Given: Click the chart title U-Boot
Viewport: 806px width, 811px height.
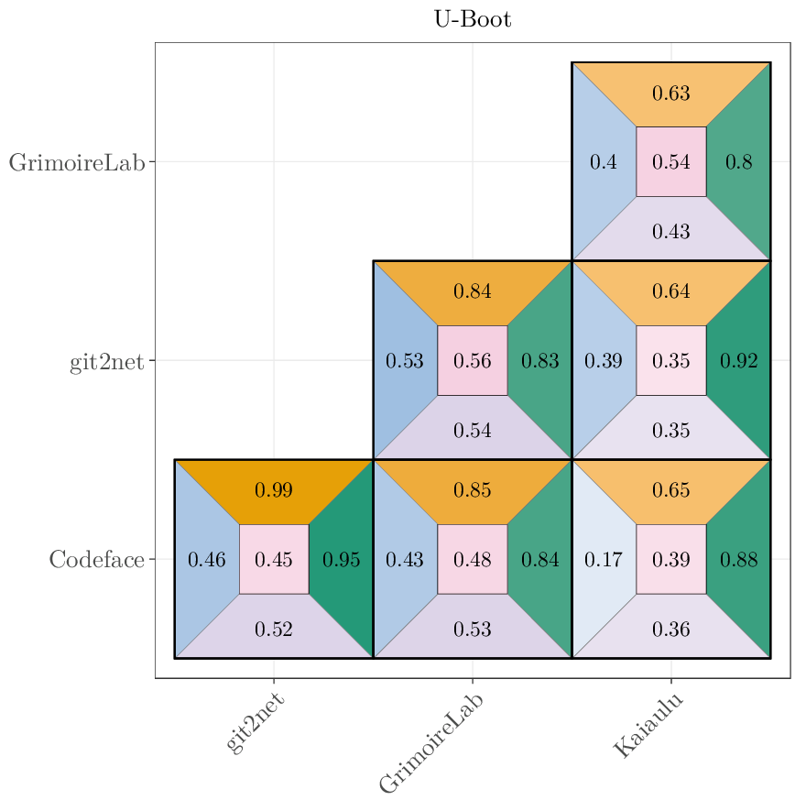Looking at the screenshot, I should click(x=473, y=19).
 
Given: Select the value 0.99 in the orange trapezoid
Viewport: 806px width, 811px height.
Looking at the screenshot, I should click(x=274, y=490).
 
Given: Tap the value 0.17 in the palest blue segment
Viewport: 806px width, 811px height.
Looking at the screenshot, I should click(x=604, y=559).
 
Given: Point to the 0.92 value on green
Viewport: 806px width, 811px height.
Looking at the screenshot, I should click(x=739, y=361).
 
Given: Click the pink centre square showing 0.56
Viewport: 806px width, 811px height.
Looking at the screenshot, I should click(x=473, y=360).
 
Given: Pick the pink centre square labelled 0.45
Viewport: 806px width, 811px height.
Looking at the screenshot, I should click(x=274, y=559).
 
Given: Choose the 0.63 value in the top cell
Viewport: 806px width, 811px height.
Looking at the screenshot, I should click(x=671, y=93).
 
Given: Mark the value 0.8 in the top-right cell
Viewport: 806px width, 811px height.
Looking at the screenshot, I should click(x=739, y=162).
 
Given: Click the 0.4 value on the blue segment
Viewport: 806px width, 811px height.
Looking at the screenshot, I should click(x=604, y=162).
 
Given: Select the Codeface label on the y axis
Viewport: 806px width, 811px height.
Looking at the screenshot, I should click(x=97, y=559).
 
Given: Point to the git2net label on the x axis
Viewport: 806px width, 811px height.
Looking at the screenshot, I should click(x=256, y=723).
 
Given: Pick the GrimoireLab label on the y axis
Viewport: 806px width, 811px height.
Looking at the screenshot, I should click(x=77, y=163).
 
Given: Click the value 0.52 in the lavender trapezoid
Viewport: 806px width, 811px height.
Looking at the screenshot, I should click(x=274, y=630).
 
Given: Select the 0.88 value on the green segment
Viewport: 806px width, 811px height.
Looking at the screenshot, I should click(x=739, y=559).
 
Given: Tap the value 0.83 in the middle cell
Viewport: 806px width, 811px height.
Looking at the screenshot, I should click(x=540, y=361).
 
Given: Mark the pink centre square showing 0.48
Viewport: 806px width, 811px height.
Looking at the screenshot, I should click(x=473, y=559).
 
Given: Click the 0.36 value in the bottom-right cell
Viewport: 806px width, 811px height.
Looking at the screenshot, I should click(x=671, y=630).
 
